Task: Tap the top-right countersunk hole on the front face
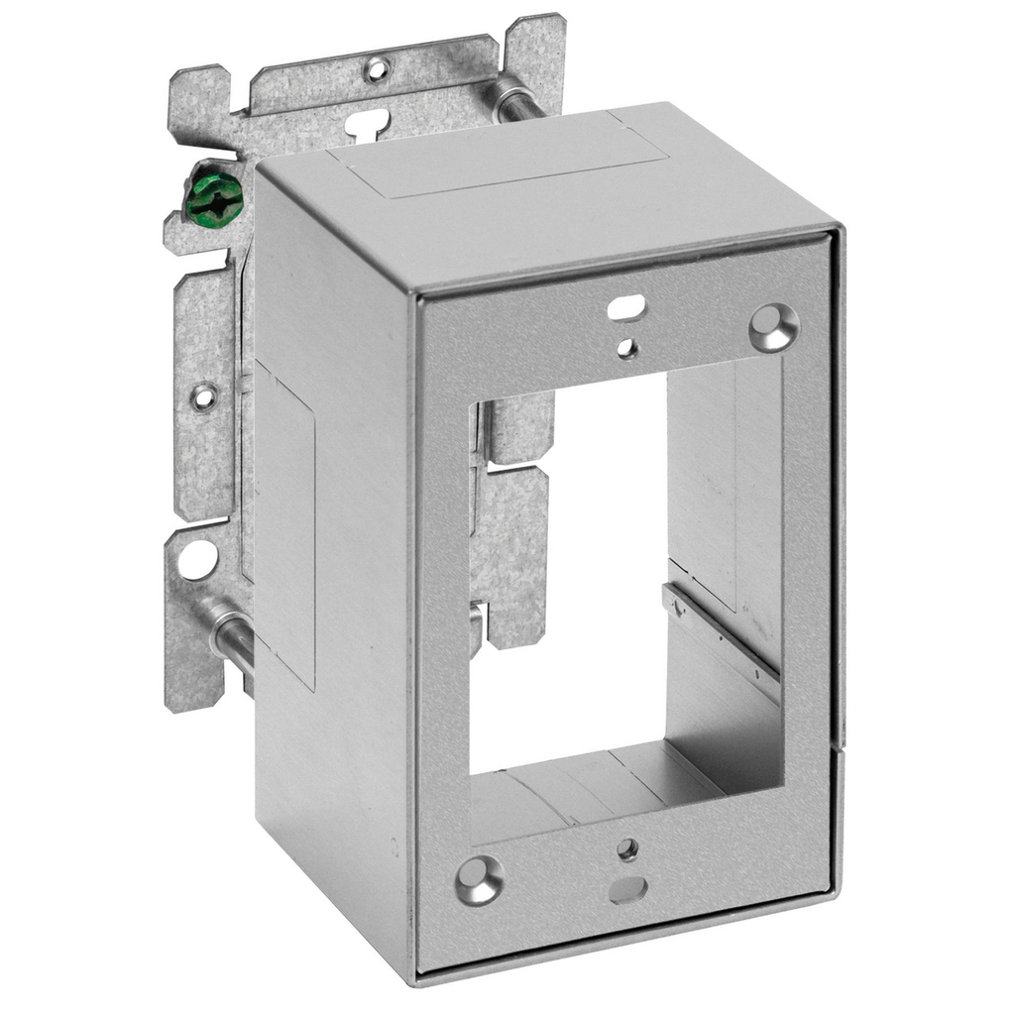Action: click(x=772, y=327)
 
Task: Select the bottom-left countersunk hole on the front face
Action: click(x=479, y=879)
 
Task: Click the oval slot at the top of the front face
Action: click(x=627, y=308)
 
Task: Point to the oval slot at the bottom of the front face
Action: click(x=628, y=889)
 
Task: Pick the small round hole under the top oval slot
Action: click(x=626, y=347)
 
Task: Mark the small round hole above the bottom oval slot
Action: click(x=626, y=849)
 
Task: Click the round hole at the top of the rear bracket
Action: click(x=377, y=69)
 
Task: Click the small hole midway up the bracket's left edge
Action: click(x=203, y=396)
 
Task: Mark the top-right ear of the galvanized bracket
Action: click(x=535, y=50)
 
